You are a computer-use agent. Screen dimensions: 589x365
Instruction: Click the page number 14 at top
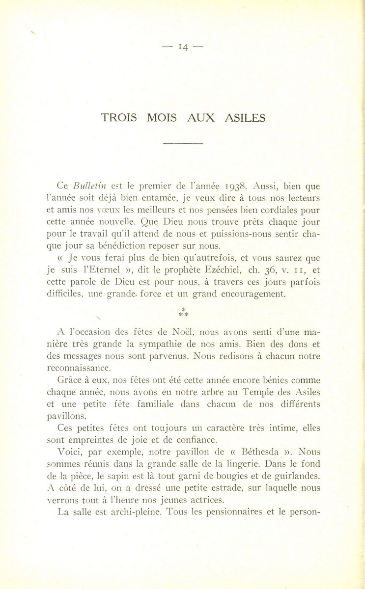[x=183, y=47]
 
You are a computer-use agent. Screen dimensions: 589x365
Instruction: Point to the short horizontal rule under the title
[x=183, y=143]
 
